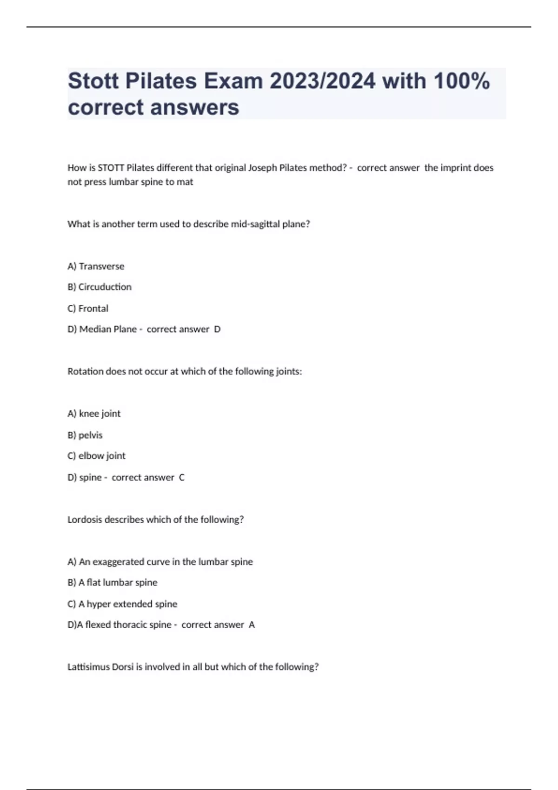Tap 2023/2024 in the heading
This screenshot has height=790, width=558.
point(322,81)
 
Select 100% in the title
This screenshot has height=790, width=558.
point(461,81)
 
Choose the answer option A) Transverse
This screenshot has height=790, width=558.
point(96,266)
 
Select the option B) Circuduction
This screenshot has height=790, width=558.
point(100,287)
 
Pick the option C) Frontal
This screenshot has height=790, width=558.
point(88,309)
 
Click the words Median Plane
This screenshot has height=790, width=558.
point(108,329)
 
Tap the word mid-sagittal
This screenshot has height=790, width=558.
point(255,224)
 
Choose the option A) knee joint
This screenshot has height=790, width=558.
point(94,414)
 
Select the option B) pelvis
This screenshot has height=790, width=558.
point(85,435)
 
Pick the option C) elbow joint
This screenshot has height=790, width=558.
point(96,456)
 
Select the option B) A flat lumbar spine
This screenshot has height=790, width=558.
point(113,583)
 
